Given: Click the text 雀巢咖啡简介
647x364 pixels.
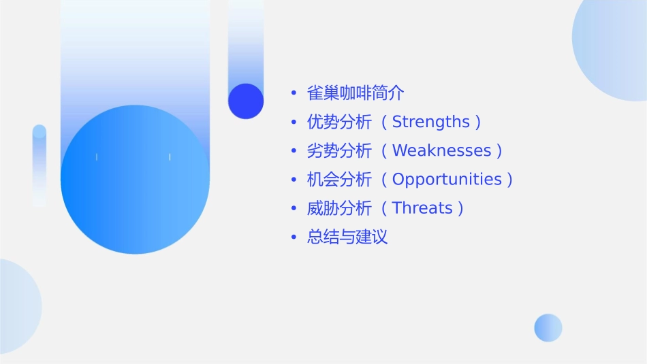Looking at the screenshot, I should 356,93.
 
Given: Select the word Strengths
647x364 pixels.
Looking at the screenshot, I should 431,122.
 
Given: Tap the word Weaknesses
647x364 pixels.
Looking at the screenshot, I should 441,150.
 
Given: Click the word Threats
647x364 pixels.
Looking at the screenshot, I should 422,208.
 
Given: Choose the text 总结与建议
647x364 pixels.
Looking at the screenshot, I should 347,237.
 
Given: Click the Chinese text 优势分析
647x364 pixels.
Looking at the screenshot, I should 339,122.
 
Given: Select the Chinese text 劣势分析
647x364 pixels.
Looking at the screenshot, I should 339,150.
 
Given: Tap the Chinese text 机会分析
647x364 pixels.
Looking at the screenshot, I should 339,180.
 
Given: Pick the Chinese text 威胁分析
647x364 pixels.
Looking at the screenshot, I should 339,208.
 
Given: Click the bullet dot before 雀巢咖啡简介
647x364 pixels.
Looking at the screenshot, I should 294,93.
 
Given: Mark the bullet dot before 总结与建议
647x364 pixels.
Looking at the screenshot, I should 294,237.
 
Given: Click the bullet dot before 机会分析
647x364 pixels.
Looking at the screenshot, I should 294,180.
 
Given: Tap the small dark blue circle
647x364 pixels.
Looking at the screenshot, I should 246,101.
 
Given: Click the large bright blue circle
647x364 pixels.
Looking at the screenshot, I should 135,180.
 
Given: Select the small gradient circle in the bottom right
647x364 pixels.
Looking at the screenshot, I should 548,328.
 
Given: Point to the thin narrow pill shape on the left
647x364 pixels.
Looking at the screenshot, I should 40,165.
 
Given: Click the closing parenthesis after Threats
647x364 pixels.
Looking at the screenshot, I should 461,208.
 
